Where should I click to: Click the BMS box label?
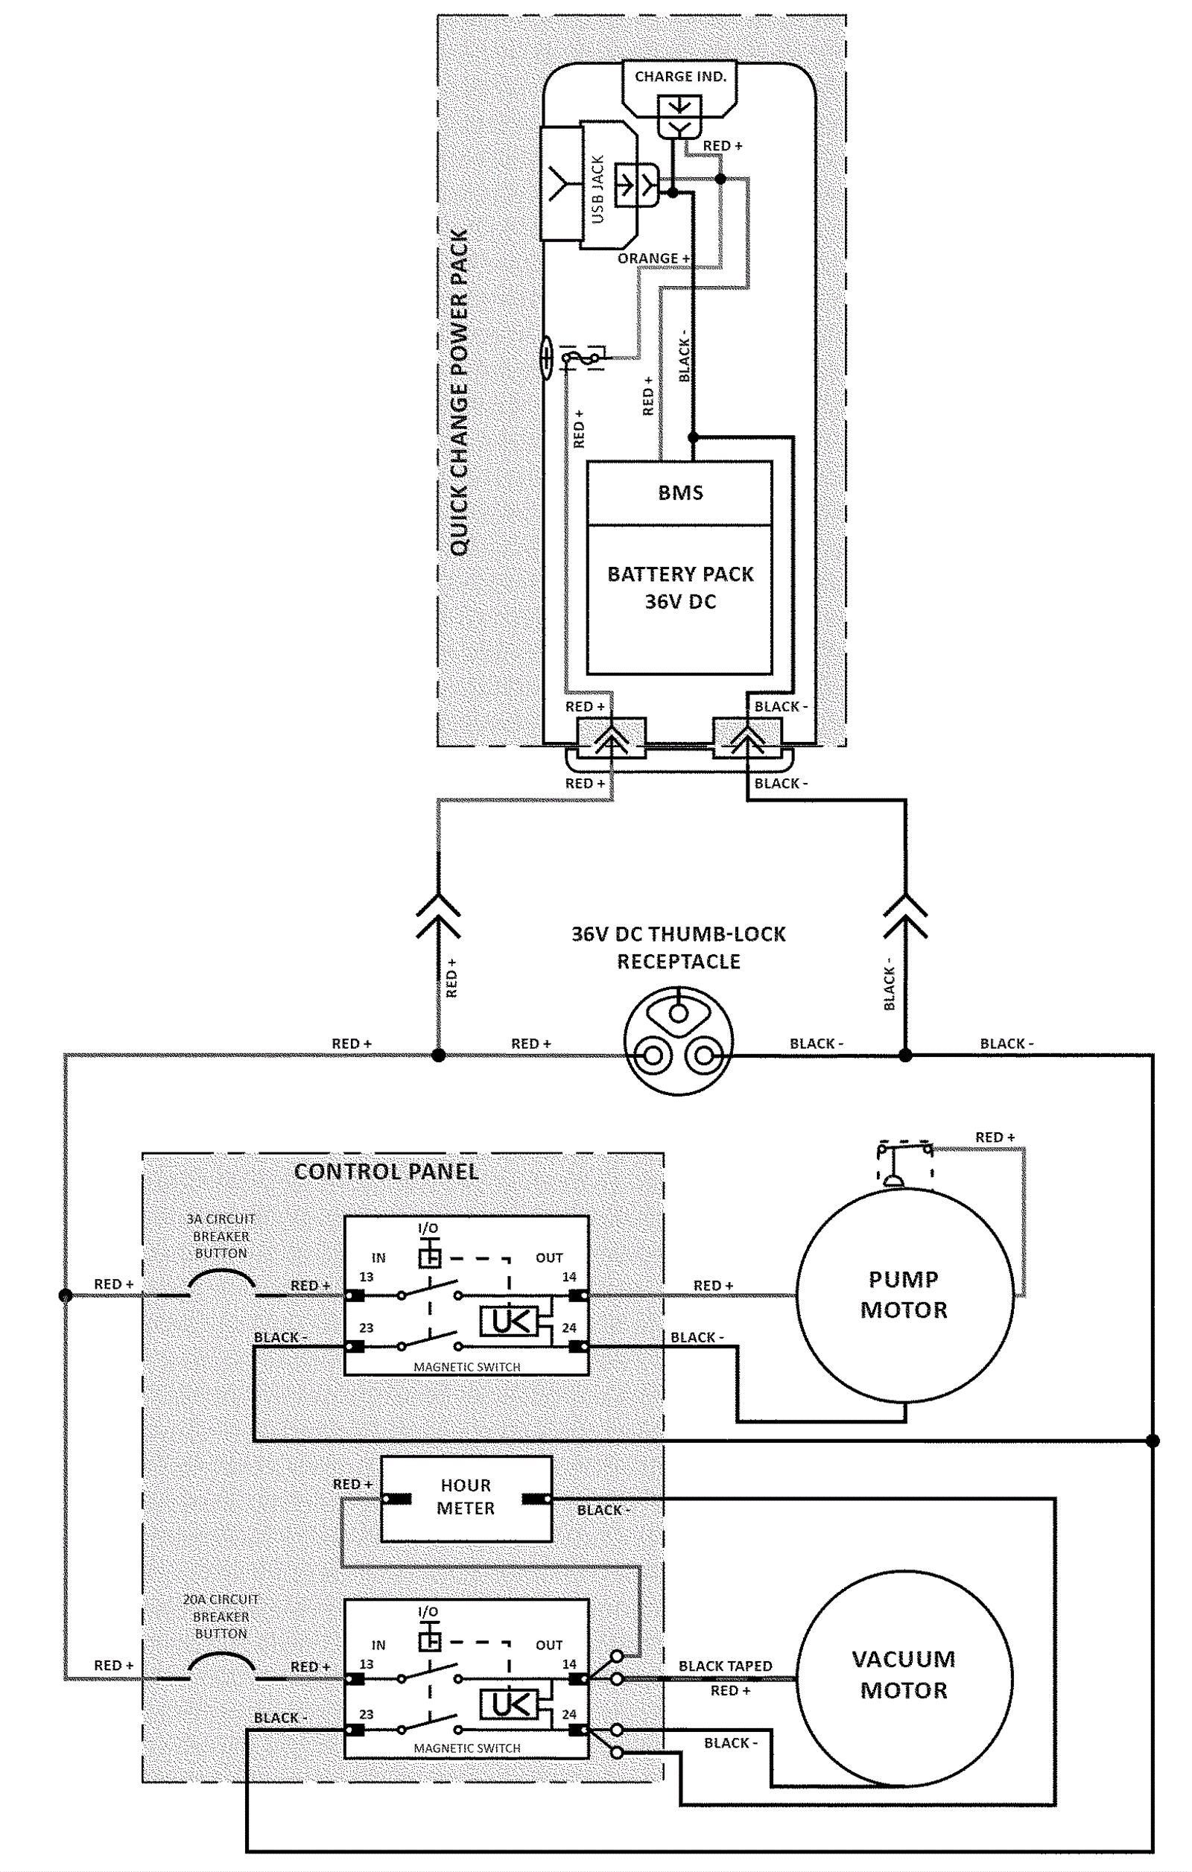(x=680, y=493)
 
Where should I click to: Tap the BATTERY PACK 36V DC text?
(x=680, y=588)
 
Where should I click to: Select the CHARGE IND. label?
(x=680, y=76)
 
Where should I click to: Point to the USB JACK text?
(x=597, y=189)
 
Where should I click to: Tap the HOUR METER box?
(x=466, y=1498)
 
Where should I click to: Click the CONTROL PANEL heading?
(x=387, y=1172)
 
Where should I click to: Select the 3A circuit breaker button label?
(x=221, y=1236)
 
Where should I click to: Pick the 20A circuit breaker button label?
(x=221, y=1616)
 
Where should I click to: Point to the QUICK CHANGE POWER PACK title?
(x=460, y=393)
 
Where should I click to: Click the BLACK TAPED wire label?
(x=725, y=1666)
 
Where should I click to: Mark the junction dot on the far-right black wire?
(x=1153, y=1441)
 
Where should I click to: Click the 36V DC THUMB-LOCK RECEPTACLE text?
(x=679, y=948)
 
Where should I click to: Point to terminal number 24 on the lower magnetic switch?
(x=569, y=1714)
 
